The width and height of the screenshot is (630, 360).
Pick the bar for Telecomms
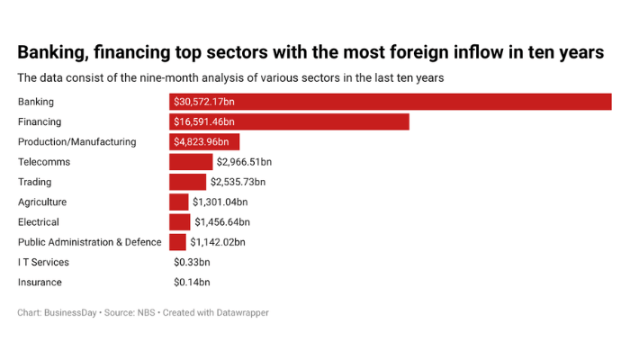click(x=191, y=162)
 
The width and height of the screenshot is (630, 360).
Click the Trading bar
click(x=187, y=182)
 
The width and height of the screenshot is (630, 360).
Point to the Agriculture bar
click(x=178, y=202)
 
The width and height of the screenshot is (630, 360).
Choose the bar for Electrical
click(x=179, y=221)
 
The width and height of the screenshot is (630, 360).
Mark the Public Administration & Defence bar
click(x=177, y=242)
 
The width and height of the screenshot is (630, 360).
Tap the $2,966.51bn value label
click(x=244, y=162)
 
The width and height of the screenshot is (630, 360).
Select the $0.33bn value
click(x=192, y=262)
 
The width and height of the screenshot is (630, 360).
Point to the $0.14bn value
click(x=192, y=282)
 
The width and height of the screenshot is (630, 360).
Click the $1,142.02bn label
click(x=218, y=242)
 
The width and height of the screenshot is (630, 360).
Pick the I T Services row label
click(x=43, y=262)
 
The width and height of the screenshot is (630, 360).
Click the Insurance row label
click(x=40, y=282)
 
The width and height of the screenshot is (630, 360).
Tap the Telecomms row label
click(x=44, y=162)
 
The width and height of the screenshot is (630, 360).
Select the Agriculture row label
click(x=42, y=202)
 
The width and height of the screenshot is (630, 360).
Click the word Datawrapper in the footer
click(x=238, y=313)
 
